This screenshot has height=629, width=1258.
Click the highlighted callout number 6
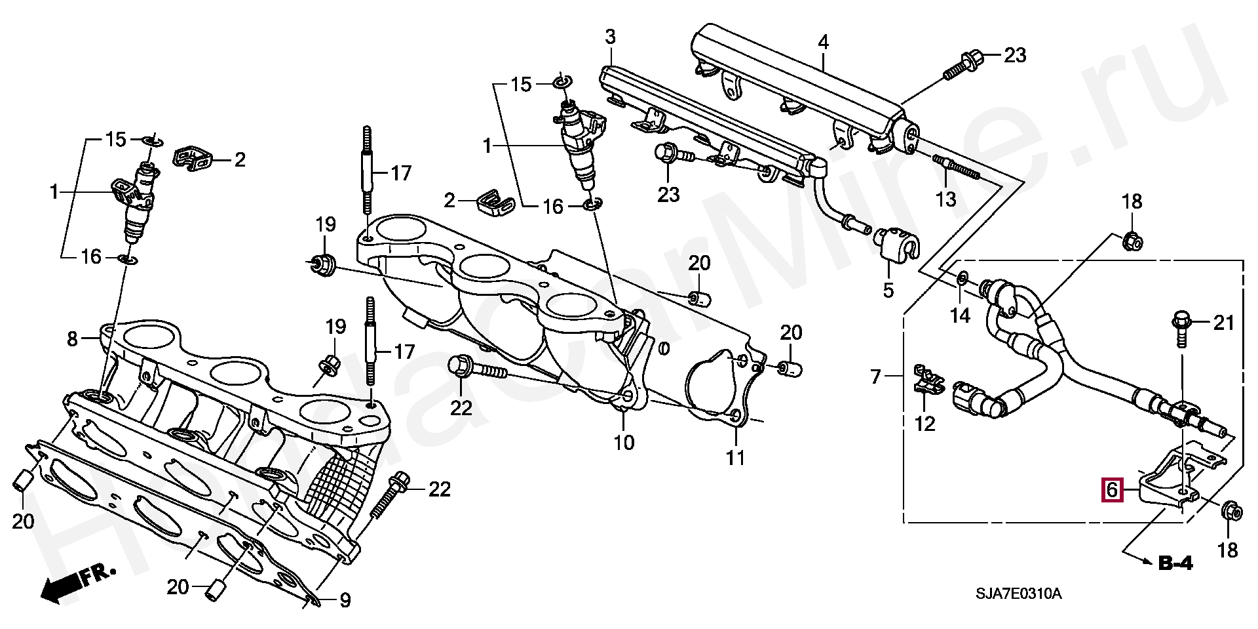tap(1112, 490)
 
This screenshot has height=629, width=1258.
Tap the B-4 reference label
tap(1175, 562)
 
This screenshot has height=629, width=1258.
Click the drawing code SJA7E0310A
tap(1018, 594)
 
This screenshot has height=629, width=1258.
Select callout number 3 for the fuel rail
tap(610, 37)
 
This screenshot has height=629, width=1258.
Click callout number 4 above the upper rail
tap(823, 43)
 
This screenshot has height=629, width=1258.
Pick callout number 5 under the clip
tap(888, 289)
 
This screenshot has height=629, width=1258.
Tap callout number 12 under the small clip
tap(924, 424)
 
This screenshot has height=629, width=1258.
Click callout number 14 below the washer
tap(960, 315)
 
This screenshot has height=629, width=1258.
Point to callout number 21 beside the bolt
tap(1223, 323)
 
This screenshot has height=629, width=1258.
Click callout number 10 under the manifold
tap(624, 443)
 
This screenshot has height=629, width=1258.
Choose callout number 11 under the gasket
tap(736, 457)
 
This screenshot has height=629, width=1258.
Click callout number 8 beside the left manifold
tap(72, 339)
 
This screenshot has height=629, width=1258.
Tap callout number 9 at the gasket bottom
tap(345, 599)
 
